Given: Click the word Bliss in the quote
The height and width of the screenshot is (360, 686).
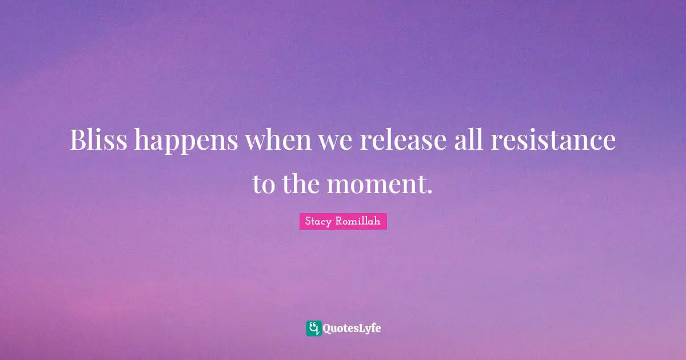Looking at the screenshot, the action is point(98,139).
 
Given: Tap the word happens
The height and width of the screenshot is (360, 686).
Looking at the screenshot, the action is point(186,142).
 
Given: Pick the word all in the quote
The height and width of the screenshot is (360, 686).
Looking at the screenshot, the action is point(469,139).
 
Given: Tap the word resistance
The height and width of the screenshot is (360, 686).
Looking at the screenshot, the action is point(553,139).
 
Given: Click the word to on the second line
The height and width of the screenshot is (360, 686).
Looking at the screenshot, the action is point(264,185).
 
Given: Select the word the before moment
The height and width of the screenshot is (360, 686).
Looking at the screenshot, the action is point(301,183).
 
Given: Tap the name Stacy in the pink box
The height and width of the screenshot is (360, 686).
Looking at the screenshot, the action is point(318,221).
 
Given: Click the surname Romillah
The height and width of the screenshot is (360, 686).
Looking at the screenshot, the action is point(358,221).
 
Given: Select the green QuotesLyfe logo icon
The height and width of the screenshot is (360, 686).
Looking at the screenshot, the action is point(314,329).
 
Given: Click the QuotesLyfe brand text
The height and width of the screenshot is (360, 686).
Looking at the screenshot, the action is point(352,329).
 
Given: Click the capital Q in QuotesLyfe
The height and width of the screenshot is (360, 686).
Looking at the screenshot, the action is point(327,329).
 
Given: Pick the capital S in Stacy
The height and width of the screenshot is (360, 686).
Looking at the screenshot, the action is point(308,221).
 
